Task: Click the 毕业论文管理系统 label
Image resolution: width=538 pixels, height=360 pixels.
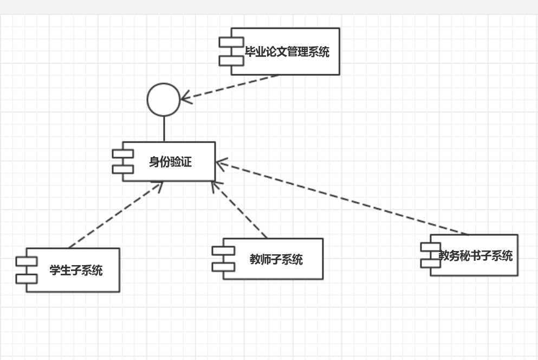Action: [x=287, y=52]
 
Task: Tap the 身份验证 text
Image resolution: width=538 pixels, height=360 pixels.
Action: [x=170, y=162]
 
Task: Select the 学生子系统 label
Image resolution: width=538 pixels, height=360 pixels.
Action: [x=76, y=270]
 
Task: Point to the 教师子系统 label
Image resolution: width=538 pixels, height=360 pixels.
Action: [x=276, y=259]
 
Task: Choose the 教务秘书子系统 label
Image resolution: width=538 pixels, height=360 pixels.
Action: [x=476, y=255]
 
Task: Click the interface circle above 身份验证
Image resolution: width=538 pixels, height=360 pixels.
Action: [x=163, y=100]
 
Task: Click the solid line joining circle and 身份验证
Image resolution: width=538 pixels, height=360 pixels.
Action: [x=164, y=129]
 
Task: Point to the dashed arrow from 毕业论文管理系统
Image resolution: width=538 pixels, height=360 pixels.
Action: [x=233, y=87]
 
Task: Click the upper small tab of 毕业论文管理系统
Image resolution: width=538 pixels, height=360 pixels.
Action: [x=231, y=42]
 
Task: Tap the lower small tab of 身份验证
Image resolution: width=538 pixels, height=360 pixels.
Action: [x=123, y=169]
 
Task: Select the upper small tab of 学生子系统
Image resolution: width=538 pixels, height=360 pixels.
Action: [x=27, y=261]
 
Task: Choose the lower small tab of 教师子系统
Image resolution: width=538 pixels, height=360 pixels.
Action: [x=223, y=266]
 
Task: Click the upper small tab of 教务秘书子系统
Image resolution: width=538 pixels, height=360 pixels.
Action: [x=431, y=247]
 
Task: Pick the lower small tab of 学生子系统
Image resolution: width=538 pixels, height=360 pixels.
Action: [x=27, y=279]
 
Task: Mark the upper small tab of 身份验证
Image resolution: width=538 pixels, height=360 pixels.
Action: [x=123, y=153]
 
